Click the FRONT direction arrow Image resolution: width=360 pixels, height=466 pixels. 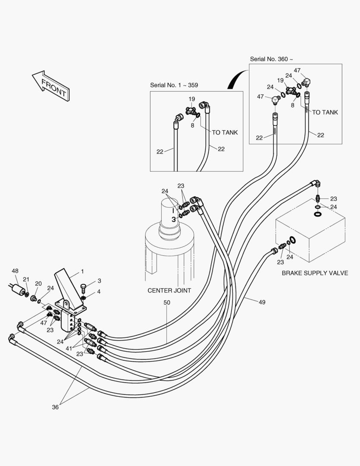[x=50, y=86]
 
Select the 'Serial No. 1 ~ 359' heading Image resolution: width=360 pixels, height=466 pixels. [x=174, y=85]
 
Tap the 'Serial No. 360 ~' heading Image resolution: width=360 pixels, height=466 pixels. [x=272, y=59]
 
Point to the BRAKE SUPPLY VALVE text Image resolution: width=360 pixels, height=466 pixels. [x=315, y=273]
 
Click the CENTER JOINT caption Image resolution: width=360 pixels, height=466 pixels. [x=169, y=290]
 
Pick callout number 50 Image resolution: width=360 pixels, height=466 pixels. [x=167, y=302]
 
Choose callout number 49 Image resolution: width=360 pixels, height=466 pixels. [x=262, y=302]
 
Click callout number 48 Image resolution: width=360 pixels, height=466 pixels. [x=16, y=271]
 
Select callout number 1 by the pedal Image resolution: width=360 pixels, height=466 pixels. [x=83, y=272]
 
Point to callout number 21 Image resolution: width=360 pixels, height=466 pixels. [x=26, y=280]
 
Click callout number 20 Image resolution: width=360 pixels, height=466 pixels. [x=38, y=283]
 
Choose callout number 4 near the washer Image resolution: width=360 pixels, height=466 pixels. [x=98, y=292]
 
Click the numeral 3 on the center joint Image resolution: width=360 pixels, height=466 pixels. [x=173, y=219]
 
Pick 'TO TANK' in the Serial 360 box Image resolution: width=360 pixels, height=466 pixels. [x=325, y=112]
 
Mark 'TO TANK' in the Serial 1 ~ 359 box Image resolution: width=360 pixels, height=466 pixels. [x=225, y=132]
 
